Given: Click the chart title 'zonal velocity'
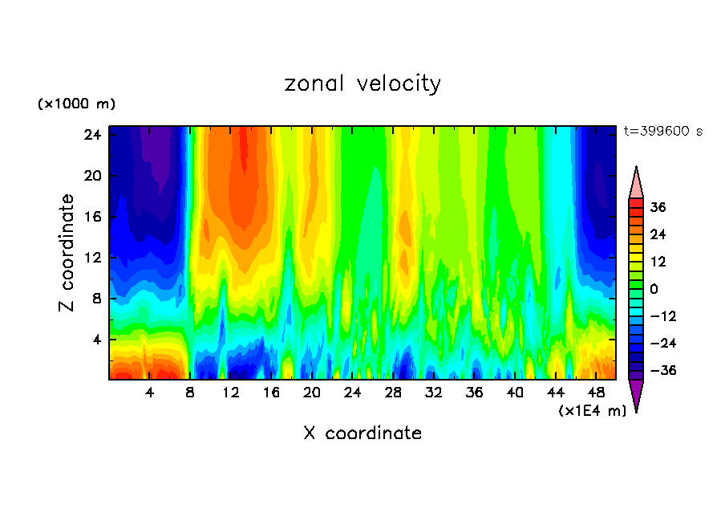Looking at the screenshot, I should tap(362, 83).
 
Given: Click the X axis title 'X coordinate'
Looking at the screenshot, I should tap(362, 433).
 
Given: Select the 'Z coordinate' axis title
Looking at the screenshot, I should tap(67, 253).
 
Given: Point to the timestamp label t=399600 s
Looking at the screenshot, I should tap(663, 131).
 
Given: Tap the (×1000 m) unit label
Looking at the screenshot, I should tap(76, 104).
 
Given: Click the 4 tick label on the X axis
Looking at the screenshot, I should tap(150, 393).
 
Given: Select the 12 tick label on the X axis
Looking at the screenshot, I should tap(231, 393).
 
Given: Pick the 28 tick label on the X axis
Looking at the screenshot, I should tap(393, 393).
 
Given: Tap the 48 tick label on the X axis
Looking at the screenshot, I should tap(596, 393).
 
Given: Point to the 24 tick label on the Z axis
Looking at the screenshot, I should tap(92, 135).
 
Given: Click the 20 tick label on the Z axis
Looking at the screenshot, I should tap(92, 176).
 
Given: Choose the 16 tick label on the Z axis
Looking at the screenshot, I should tap(92, 217).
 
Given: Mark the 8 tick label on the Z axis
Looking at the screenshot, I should tap(96, 299).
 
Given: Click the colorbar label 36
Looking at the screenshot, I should tap(658, 207).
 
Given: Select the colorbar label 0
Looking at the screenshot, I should tap(654, 289).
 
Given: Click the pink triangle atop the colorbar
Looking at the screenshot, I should tap(636, 182).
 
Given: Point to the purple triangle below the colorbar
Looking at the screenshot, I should tap(636, 395).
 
